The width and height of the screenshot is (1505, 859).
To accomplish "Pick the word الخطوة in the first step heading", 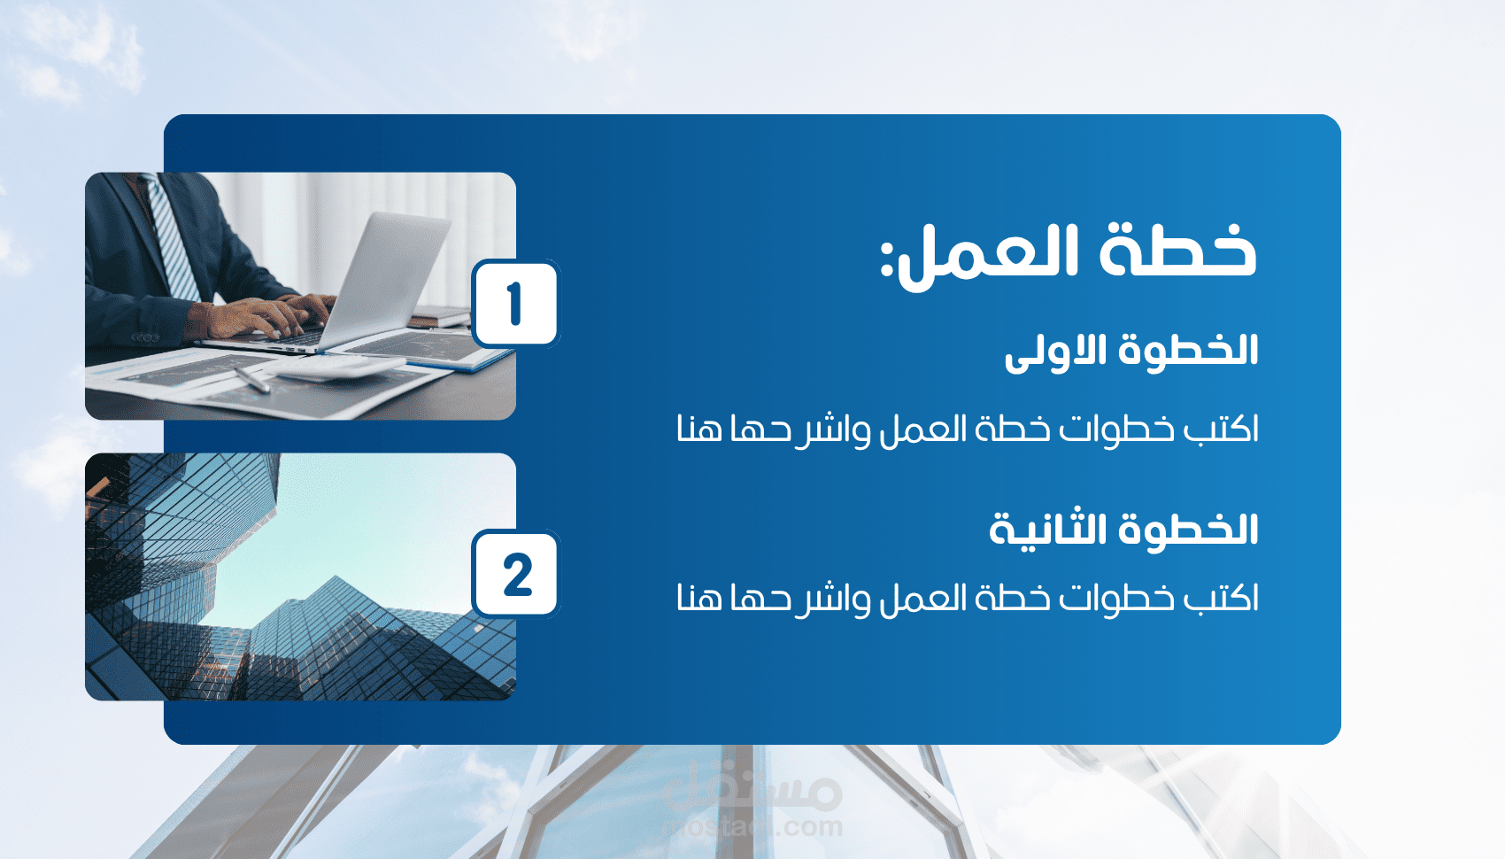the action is point(1189,350).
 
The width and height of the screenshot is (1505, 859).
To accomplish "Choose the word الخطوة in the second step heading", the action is point(1189,529).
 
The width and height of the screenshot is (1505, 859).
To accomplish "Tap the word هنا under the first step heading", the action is point(699,428).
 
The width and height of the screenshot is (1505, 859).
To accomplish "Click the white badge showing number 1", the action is point(515,304).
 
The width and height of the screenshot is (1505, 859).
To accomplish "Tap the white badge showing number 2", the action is point(515,574).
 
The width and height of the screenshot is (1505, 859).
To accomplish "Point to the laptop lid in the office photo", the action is point(386,275).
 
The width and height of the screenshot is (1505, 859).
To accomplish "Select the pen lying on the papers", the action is point(252,380).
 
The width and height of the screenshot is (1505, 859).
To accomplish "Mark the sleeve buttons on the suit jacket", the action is point(145,337).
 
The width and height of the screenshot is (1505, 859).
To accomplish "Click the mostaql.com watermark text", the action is point(752,826).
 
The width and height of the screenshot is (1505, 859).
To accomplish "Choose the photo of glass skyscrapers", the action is point(300,577).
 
